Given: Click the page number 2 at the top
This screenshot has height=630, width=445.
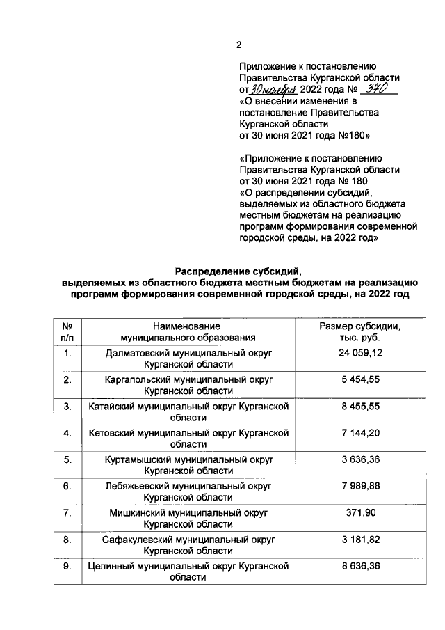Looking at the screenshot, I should [238, 45].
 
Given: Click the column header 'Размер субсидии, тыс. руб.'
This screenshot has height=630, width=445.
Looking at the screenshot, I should [359, 331].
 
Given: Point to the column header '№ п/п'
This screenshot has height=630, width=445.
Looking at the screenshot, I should [68, 331].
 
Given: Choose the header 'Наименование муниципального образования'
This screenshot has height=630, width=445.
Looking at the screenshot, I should [188, 331].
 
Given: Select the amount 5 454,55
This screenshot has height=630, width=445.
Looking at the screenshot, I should [359, 381].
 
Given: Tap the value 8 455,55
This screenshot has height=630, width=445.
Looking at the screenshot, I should [359, 407].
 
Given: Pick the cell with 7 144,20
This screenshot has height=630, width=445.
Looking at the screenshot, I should [359, 433].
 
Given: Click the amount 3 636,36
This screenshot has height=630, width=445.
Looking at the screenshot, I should [359, 459].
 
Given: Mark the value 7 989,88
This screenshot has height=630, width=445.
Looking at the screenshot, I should [359, 486].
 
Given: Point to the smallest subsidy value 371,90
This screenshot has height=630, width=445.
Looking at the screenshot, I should [359, 512].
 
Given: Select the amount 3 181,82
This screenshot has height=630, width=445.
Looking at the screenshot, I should [359, 539].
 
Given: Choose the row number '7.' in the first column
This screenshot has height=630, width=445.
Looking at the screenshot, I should [68, 512].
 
